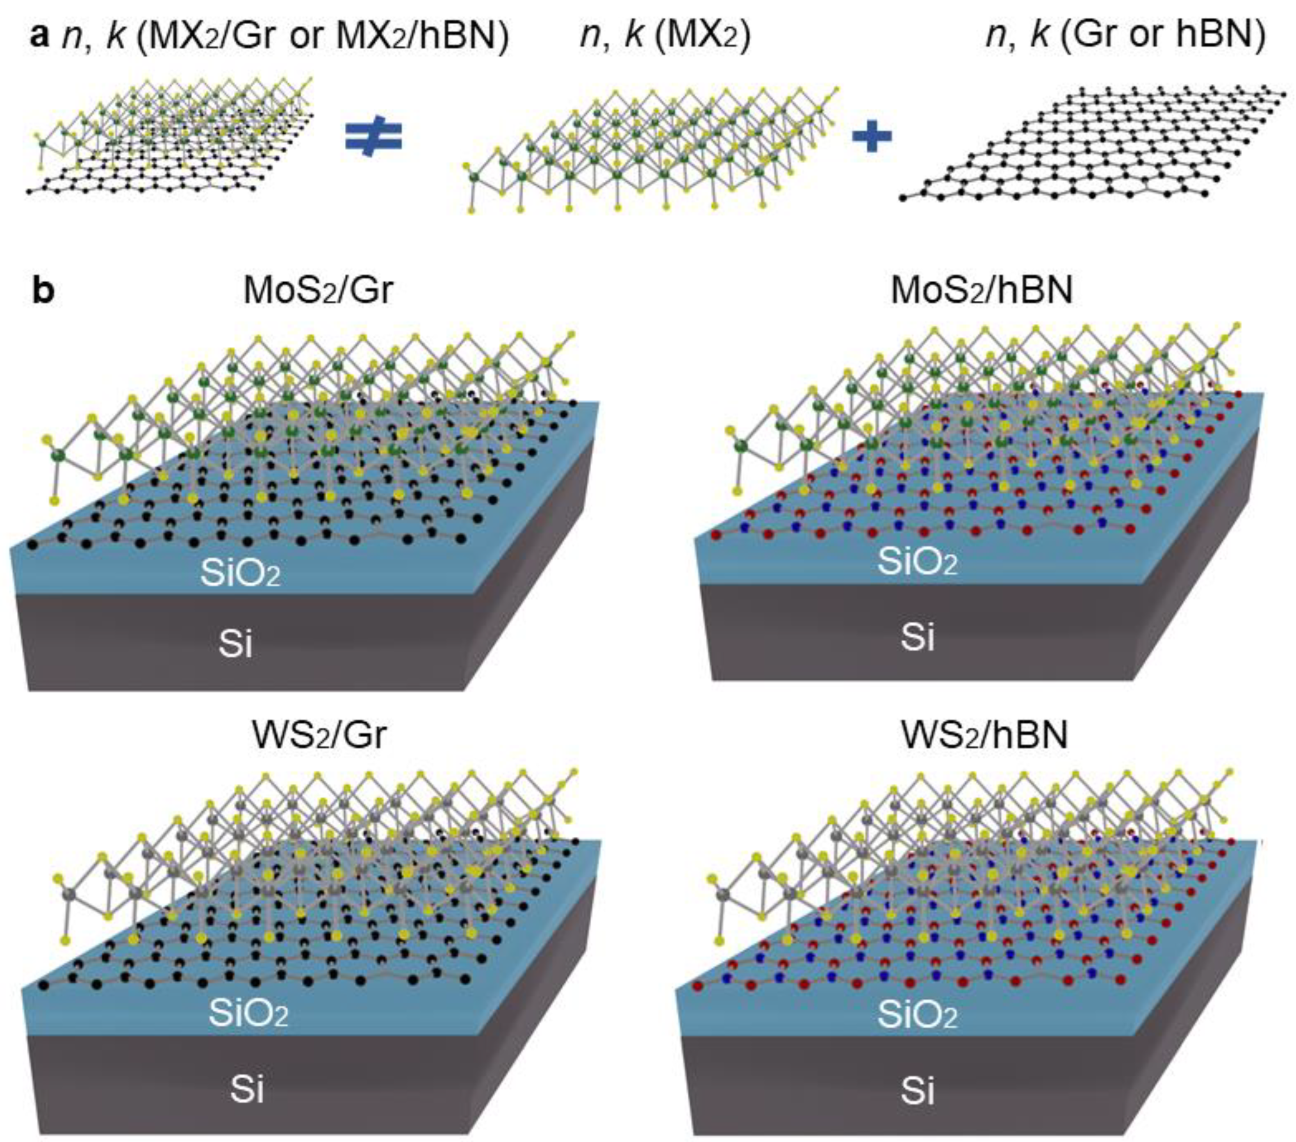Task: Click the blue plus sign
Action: click(x=872, y=137)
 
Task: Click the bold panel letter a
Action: click(x=39, y=36)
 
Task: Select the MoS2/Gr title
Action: click(x=318, y=290)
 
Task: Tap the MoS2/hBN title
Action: click(x=982, y=290)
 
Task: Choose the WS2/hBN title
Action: click(x=984, y=735)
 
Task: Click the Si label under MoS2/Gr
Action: click(x=235, y=644)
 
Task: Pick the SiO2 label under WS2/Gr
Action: click(x=248, y=1014)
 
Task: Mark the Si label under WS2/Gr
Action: click(x=247, y=1089)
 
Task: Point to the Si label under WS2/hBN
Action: click(x=918, y=1091)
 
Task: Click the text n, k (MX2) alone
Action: click(x=665, y=36)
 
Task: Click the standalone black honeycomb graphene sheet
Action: click(x=1094, y=143)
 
